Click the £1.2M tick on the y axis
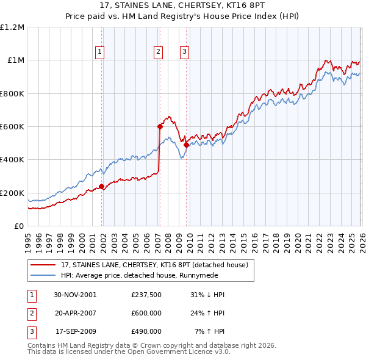pos(12,27)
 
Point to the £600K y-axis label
pos(12,127)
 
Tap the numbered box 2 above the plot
pos(158,52)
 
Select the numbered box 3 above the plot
pos(184,52)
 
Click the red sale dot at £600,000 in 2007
pos(160,127)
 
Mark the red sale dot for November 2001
pos(101,187)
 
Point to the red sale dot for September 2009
pos(186,145)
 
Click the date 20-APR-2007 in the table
pos(75,313)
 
